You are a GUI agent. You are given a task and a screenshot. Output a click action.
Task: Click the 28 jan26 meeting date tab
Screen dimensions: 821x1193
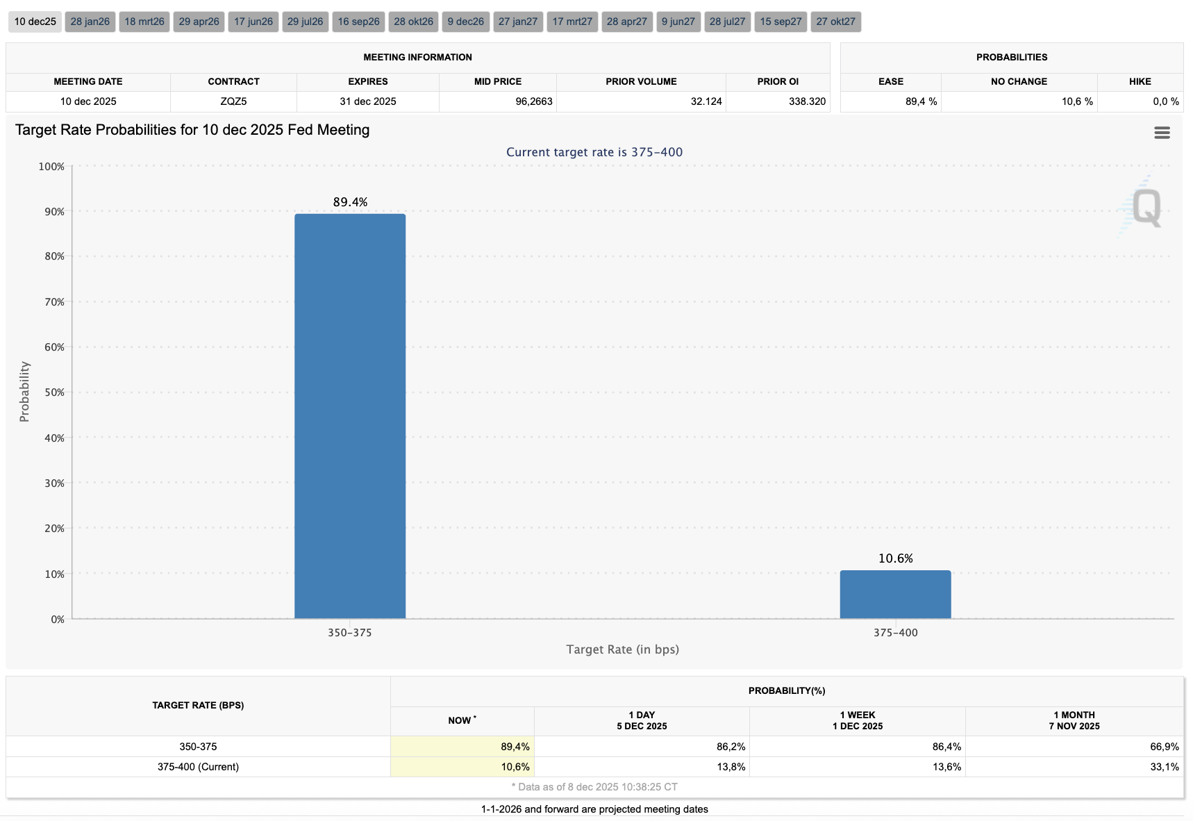[90, 22]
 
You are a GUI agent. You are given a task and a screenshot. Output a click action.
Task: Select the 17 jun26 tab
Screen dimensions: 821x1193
[253, 22]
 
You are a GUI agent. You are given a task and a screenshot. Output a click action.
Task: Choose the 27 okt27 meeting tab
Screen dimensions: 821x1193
[836, 22]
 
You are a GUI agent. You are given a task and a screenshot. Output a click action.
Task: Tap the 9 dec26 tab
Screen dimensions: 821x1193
[466, 22]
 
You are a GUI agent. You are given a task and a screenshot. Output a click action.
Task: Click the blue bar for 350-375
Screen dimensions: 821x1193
[350, 417]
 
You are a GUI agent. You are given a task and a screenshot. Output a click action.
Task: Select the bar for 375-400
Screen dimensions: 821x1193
[895, 595]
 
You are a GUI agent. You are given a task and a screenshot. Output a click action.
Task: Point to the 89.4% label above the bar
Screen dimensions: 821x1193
[350, 202]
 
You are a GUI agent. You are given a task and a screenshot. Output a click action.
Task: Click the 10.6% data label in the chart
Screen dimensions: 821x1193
[895, 558]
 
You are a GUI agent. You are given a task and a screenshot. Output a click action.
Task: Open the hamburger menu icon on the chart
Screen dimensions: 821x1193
[1162, 133]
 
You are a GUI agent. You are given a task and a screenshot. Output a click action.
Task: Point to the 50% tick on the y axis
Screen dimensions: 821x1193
[54, 392]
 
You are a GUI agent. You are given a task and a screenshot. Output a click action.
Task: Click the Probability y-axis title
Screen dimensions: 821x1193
[24, 392]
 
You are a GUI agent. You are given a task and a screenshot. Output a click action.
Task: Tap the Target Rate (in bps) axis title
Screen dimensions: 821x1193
[622, 649]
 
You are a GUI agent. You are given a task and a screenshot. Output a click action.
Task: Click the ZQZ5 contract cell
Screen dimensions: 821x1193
[233, 101]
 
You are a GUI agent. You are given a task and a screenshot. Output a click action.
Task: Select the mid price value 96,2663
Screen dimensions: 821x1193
[533, 101]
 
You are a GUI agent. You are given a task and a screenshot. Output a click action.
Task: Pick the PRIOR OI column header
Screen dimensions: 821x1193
[778, 81]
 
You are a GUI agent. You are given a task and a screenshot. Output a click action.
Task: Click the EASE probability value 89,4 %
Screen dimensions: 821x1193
[921, 101]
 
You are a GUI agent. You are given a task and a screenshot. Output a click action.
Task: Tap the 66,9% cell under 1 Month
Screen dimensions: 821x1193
[1164, 747]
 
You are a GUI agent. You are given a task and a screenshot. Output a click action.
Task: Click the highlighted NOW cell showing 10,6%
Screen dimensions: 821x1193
[515, 767]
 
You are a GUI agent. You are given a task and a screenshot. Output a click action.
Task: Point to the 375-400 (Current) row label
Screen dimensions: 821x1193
[198, 767]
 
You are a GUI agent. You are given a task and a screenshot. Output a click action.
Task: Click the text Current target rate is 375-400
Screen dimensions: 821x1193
[594, 152]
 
